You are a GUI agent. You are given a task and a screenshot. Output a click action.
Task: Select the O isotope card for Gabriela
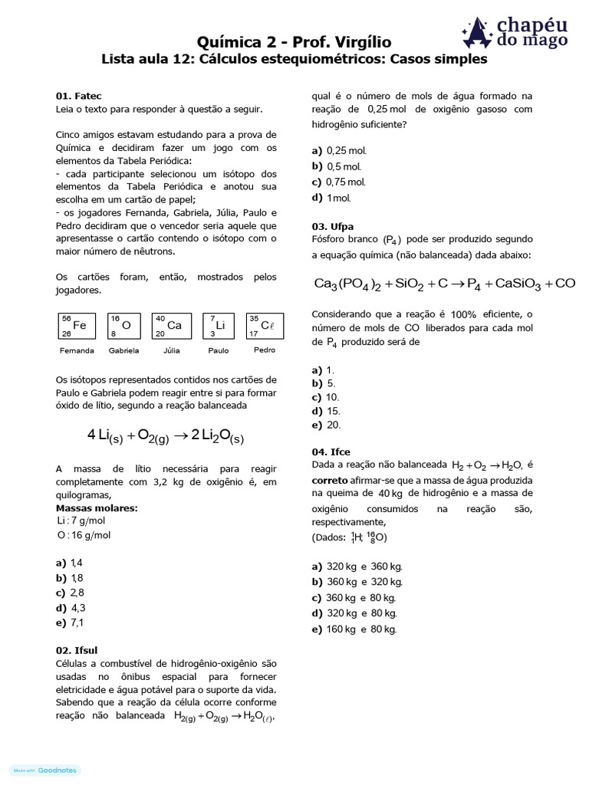(x=123, y=325)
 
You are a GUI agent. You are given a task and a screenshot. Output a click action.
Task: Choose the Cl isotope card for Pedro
(x=264, y=325)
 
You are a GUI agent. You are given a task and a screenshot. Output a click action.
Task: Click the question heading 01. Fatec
(x=74, y=97)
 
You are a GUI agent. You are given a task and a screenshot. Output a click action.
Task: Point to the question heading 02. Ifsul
(x=77, y=650)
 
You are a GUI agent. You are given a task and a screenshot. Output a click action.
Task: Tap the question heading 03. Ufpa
(x=333, y=226)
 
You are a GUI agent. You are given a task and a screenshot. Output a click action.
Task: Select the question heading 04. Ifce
(x=331, y=452)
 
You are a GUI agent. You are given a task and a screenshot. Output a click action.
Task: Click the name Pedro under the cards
(x=264, y=350)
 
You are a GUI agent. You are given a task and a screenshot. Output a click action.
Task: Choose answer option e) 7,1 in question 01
(x=69, y=622)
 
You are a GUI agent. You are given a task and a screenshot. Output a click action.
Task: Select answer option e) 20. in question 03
(x=326, y=425)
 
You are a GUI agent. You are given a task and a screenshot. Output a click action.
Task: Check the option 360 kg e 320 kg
(x=356, y=582)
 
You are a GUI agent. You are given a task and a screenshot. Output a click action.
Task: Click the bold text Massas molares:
(x=97, y=507)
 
